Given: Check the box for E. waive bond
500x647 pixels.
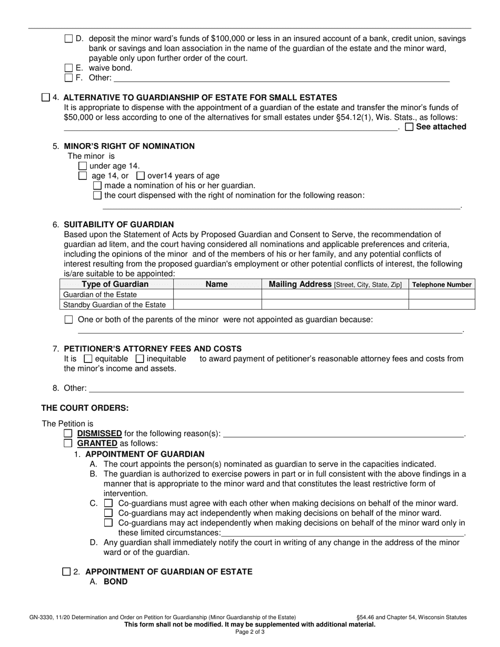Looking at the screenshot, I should [x=68, y=68].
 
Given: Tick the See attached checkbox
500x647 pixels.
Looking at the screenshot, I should [x=409, y=127].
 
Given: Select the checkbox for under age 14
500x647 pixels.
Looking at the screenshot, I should [x=83, y=166].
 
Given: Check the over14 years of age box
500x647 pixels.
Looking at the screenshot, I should [x=141, y=176].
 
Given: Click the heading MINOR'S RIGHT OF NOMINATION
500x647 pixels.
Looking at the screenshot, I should [x=129, y=146].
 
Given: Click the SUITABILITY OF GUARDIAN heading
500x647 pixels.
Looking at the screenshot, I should [x=118, y=225].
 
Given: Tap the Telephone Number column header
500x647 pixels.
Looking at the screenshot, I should [x=442, y=285].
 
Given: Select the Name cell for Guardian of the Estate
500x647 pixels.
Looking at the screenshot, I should [x=217, y=295].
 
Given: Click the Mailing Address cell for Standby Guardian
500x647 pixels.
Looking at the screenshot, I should [x=335, y=305].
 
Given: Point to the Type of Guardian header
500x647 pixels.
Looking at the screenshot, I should [x=115, y=284].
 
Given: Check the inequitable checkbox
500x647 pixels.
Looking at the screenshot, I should [x=140, y=359].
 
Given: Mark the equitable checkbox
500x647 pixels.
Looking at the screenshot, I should [x=88, y=359].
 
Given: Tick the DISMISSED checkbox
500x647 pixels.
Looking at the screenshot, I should [x=68, y=434].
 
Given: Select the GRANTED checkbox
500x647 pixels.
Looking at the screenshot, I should [x=68, y=443].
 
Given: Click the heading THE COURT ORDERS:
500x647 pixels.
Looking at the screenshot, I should [x=85, y=408].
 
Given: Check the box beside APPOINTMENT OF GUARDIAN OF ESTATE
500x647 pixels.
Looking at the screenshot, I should [x=66, y=572].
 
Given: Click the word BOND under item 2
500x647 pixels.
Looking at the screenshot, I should [x=115, y=582].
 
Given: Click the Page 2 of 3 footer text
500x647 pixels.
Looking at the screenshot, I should [x=249, y=632].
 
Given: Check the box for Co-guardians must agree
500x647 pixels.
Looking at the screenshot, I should [x=108, y=503].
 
